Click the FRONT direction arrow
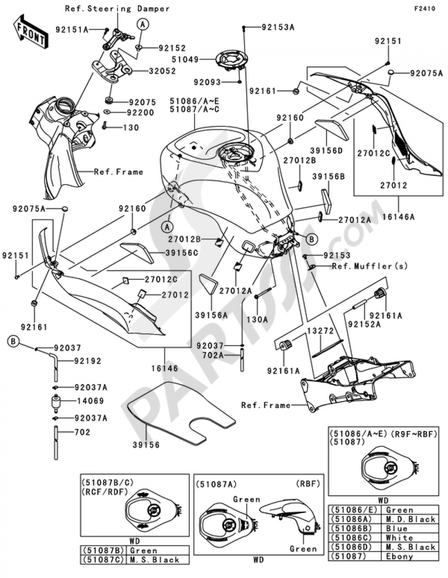coord(30,32)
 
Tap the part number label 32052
coord(159,71)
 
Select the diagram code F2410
coord(425,9)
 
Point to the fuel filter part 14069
coord(56,402)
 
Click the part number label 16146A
coord(398,216)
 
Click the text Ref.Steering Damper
coord(117,9)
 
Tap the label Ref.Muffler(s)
coord(370,266)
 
